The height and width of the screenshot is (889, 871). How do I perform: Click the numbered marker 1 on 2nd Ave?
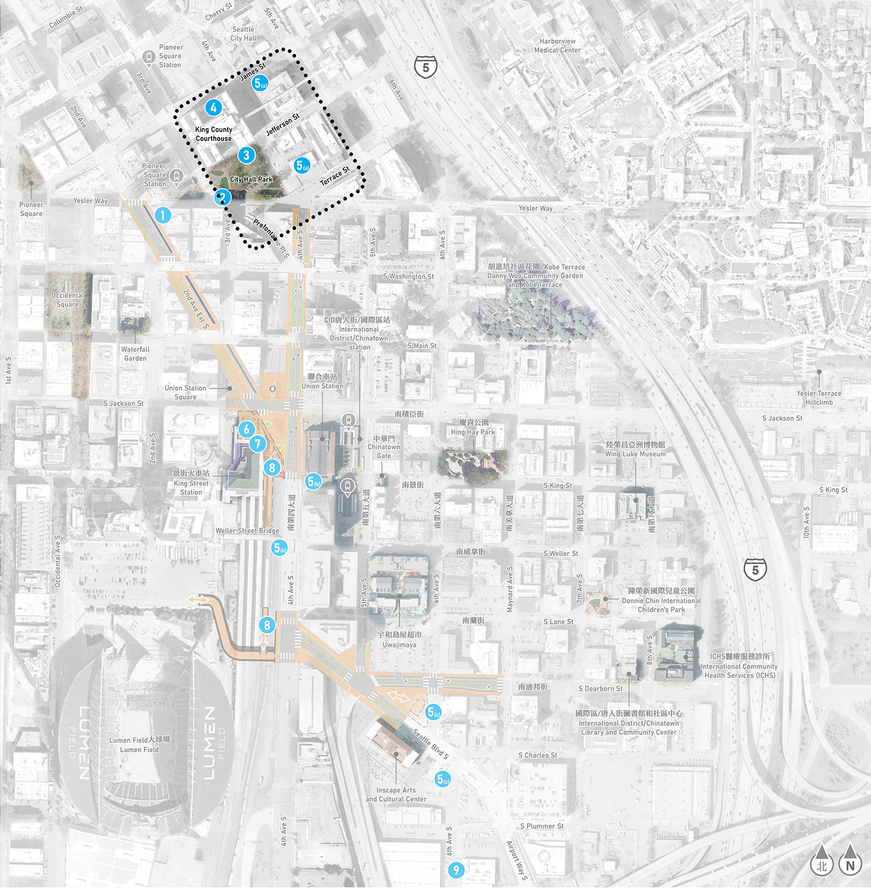point(162,215)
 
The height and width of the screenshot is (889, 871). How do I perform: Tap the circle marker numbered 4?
point(213,108)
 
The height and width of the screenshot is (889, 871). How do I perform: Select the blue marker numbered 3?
point(246,155)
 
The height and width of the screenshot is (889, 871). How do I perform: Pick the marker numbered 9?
point(456,870)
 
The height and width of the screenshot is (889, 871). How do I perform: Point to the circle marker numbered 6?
point(246,429)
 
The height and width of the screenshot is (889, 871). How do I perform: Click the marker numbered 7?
point(258,444)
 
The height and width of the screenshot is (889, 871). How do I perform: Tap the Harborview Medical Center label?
point(557,45)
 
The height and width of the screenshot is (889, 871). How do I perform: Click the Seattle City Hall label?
point(243,34)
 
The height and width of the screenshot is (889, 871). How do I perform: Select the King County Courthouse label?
point(213,134)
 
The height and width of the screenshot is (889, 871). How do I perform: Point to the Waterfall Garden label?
point(135,354)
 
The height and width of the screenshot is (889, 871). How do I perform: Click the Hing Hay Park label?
point(473,432)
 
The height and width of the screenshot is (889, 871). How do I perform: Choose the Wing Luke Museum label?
point(635,454)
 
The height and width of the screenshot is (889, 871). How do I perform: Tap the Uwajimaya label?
point(399,645)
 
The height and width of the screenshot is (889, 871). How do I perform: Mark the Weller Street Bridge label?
point(247,531)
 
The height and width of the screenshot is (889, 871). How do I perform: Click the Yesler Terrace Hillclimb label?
point(819,398)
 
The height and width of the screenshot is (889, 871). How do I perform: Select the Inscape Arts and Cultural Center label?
point(396,794)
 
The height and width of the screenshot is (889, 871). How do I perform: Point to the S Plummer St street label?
point(541,826)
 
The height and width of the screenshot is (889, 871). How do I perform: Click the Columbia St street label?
point(66,17)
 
